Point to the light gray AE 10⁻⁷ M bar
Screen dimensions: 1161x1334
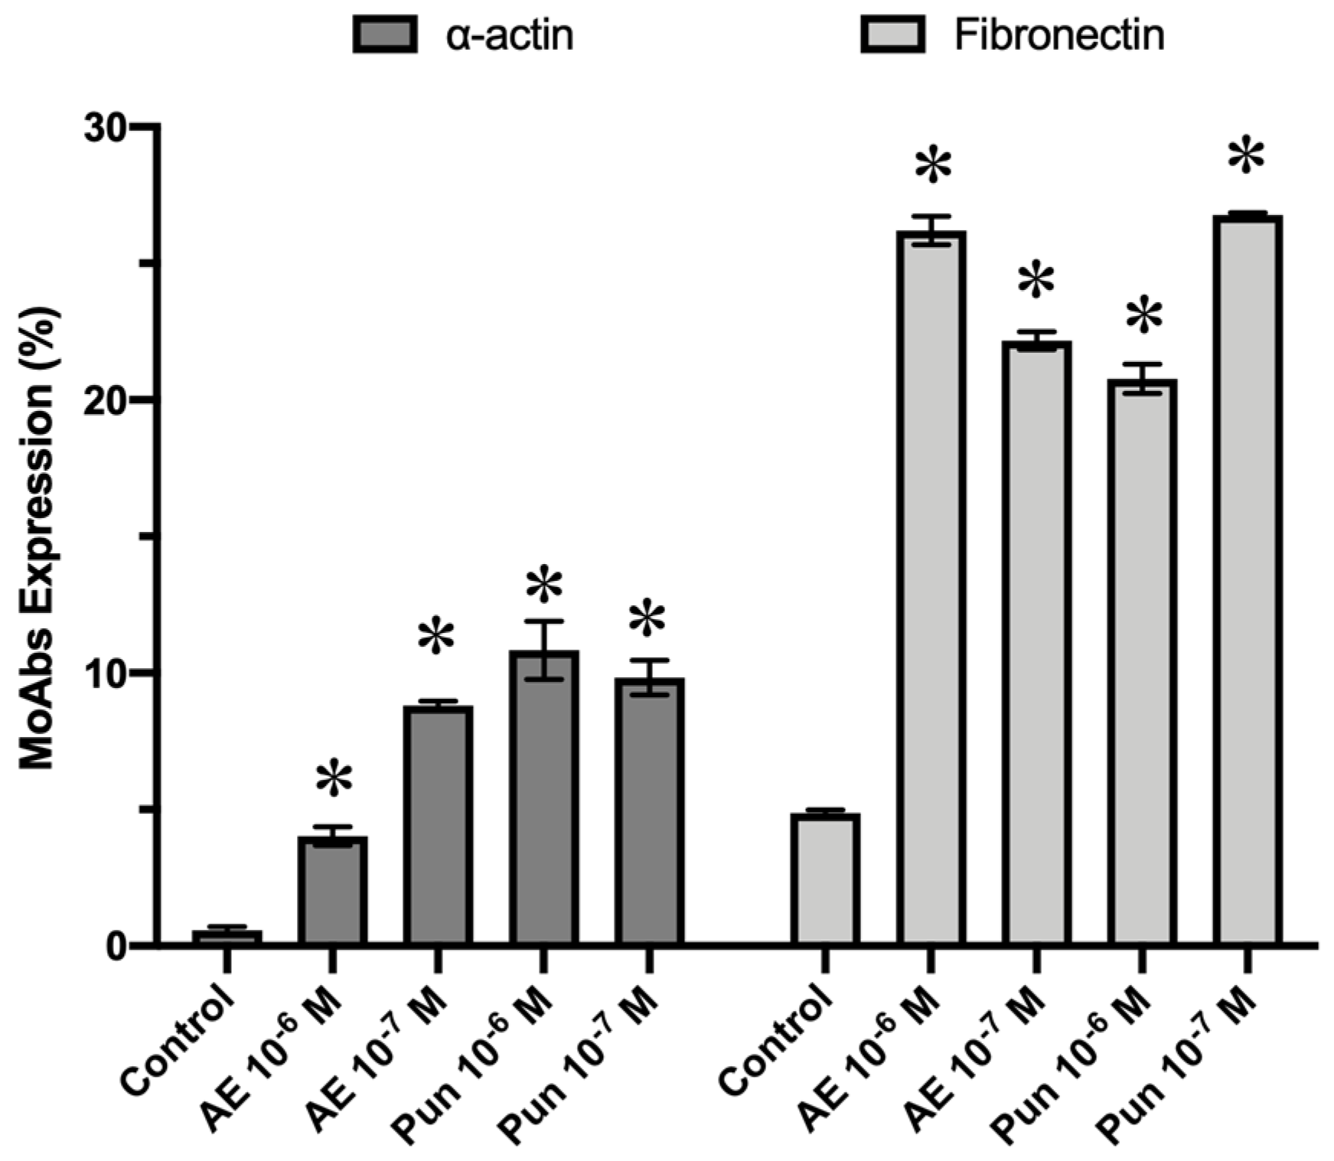pos(1037,643)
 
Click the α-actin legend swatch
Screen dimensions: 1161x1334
pos(385,35)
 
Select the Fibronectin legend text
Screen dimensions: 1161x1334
pos(1059,35)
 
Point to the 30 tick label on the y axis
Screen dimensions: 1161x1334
pos(105,127)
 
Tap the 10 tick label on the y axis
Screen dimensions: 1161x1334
pos(105,673)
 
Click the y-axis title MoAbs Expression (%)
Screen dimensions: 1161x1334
pos(37,536)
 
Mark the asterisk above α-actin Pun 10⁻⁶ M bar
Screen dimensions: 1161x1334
pos(544,587)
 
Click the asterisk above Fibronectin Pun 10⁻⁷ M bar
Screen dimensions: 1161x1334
pos(1246,157)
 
